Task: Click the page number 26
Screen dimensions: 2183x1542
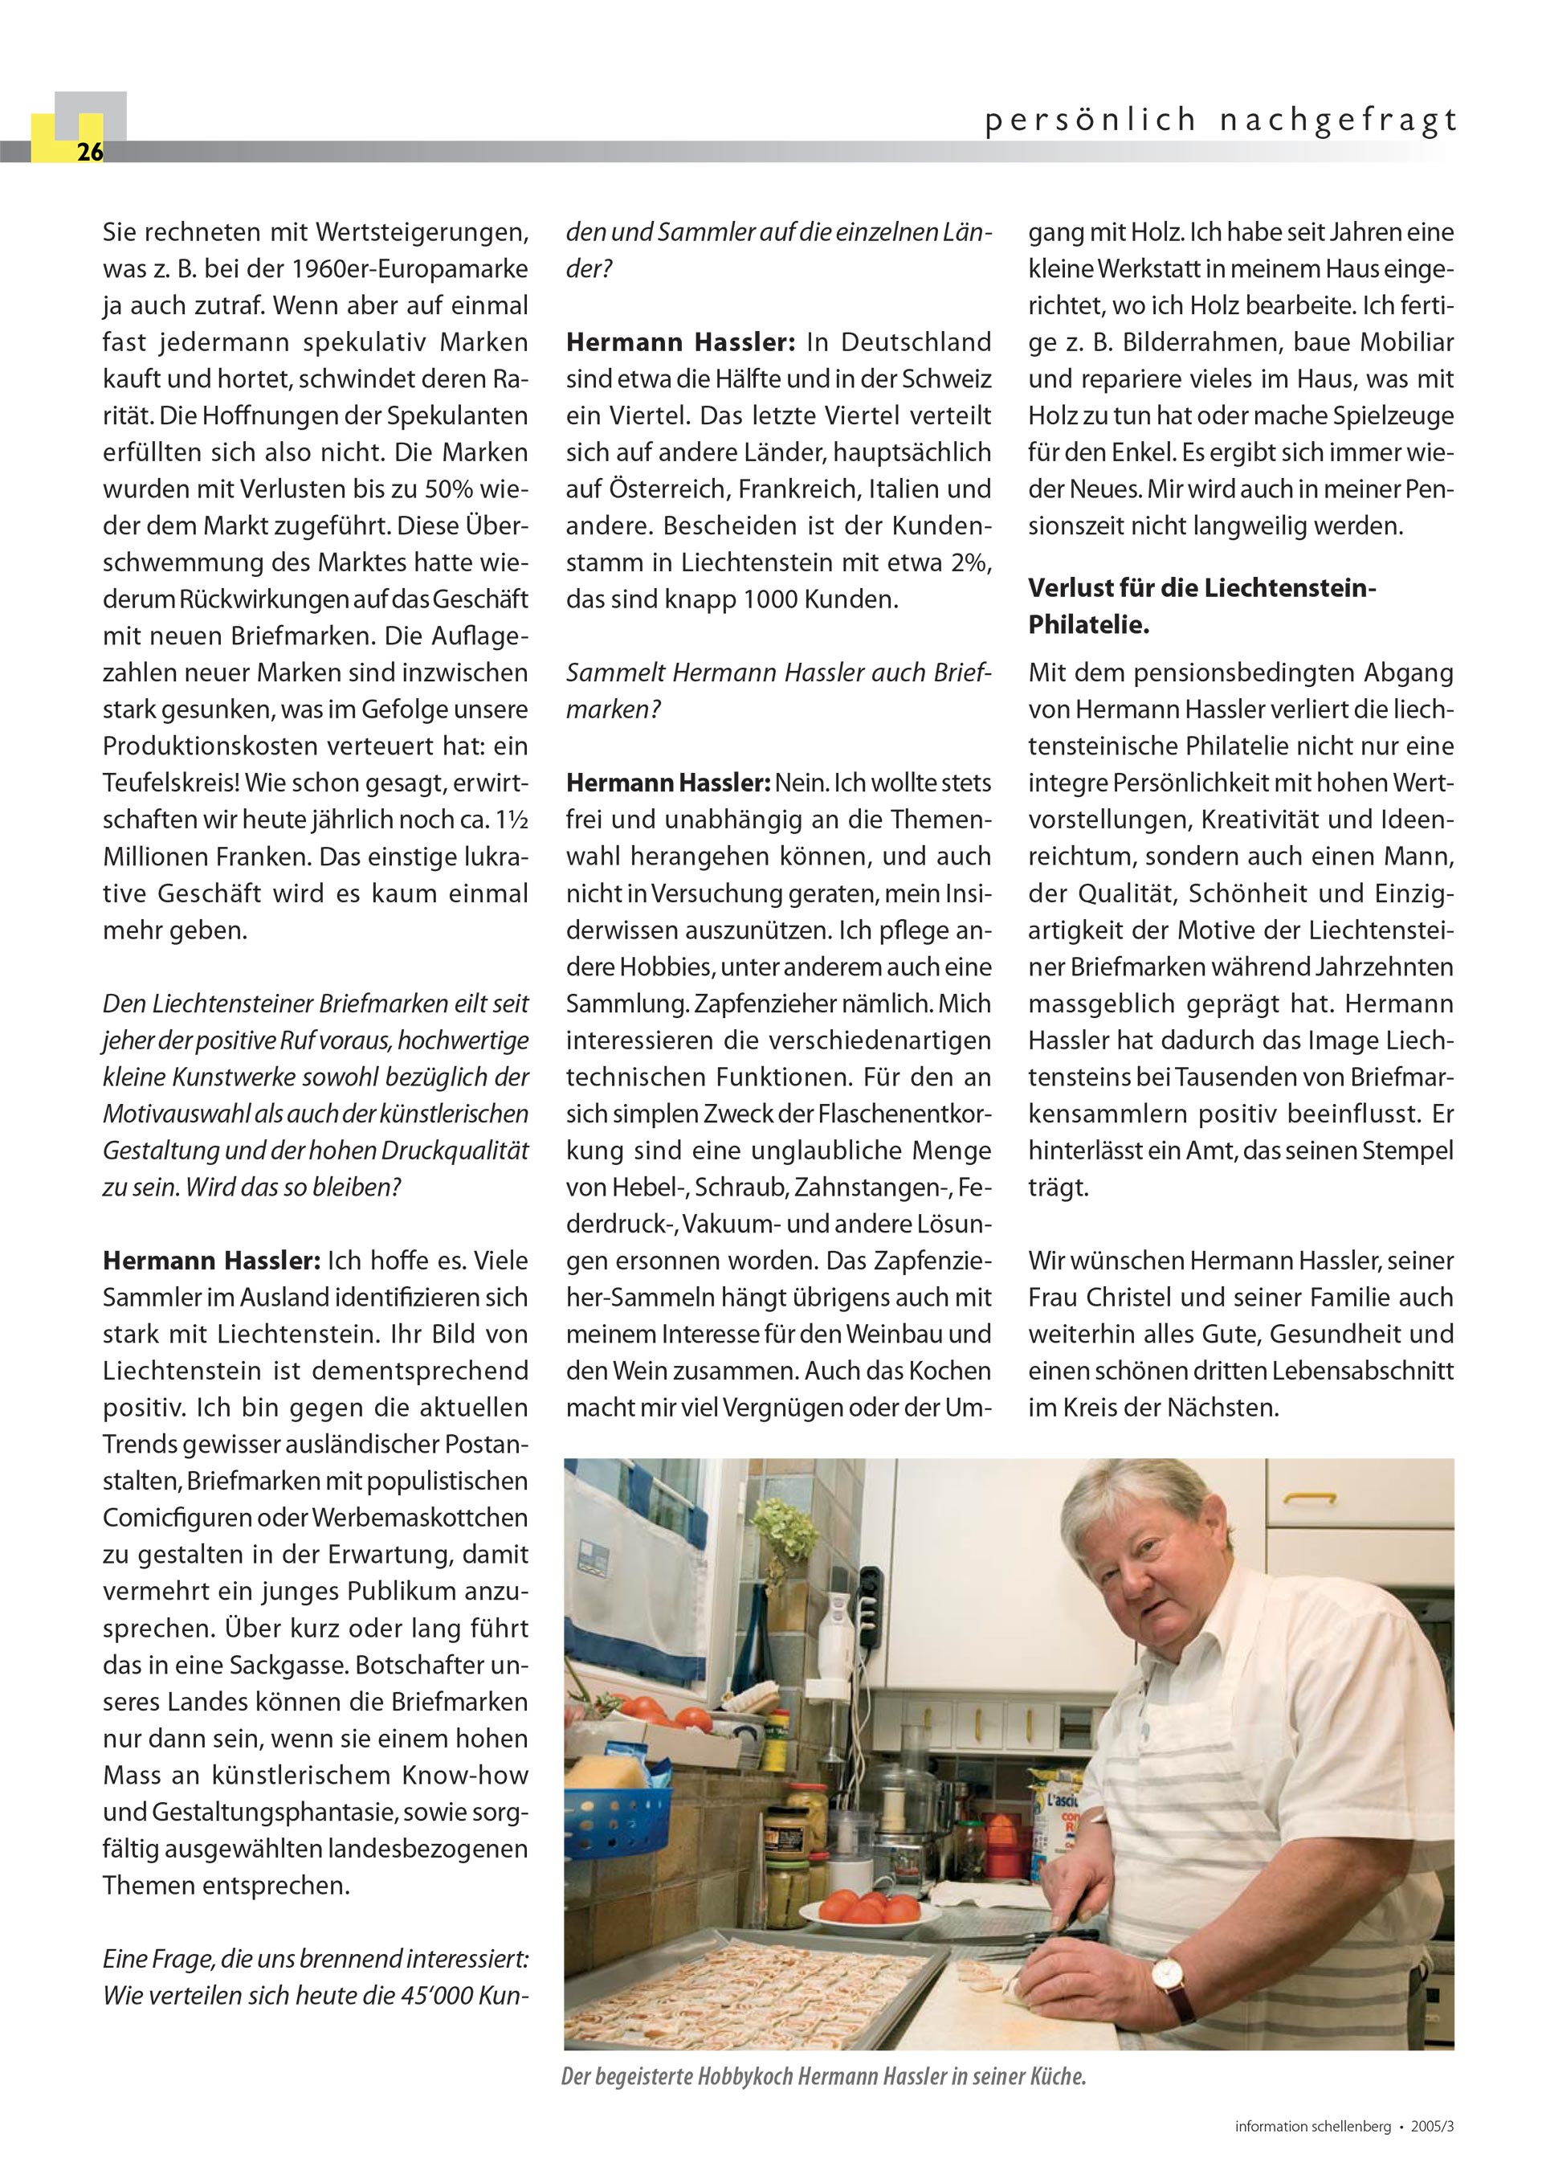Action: point(89,152)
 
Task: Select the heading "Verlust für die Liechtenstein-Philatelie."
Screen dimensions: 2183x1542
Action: point(1201,607)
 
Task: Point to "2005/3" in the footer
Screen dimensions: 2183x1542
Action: point(1433,2152)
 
